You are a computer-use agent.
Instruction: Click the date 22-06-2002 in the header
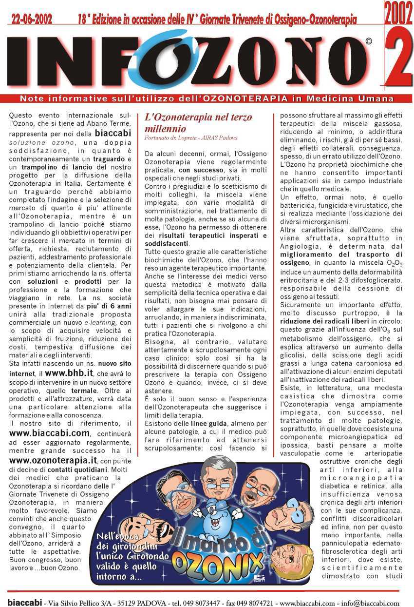click(x=32, y=20)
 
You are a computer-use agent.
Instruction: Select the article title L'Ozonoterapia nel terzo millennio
click(x=199, y=123)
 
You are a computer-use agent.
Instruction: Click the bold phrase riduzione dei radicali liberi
click(x=325, y=321)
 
